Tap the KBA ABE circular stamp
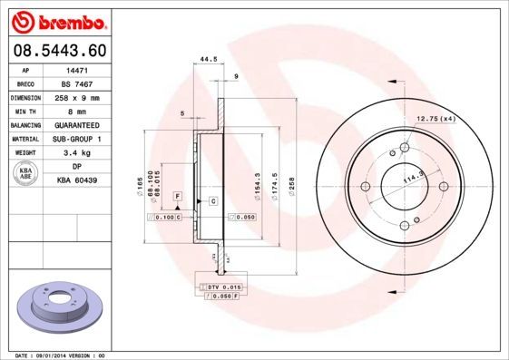(27, 174)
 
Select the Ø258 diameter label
(292, 186)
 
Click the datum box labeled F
(178, 196)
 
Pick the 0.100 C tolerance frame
(167, 218)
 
